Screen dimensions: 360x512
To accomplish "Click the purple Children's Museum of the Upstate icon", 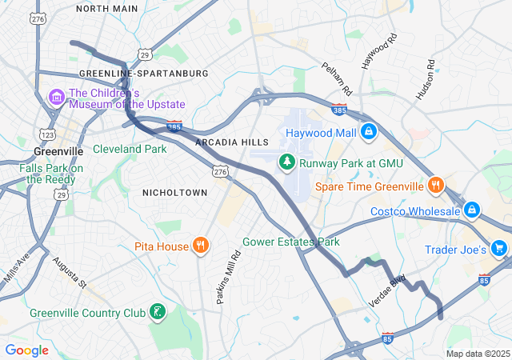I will click(56, 98).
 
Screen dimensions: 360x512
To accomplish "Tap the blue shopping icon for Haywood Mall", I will click(368, 130).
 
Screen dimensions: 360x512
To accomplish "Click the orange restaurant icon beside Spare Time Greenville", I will click(436, 186).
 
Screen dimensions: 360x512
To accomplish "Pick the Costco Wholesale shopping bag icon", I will click(472, 210).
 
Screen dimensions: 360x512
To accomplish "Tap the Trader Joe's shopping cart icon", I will click(499, 249).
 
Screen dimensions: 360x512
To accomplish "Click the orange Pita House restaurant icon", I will click(201, 246).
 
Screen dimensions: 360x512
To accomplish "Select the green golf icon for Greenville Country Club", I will click(158, 311).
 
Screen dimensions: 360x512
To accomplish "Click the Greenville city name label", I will click(58, 150).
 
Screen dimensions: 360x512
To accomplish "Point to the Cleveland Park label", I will click(130, 149).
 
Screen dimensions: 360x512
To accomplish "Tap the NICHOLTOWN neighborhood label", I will click(174, 193).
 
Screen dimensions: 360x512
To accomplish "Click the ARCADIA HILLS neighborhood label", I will click(232, 142).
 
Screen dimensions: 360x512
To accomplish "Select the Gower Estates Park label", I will click(291, 242).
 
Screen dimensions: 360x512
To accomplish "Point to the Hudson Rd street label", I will click(424, 80).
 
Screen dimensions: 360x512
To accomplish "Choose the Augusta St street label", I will click(69, 272).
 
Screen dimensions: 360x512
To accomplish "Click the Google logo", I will click(26, 350).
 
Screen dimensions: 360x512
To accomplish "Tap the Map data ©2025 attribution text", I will click(477, 354).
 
